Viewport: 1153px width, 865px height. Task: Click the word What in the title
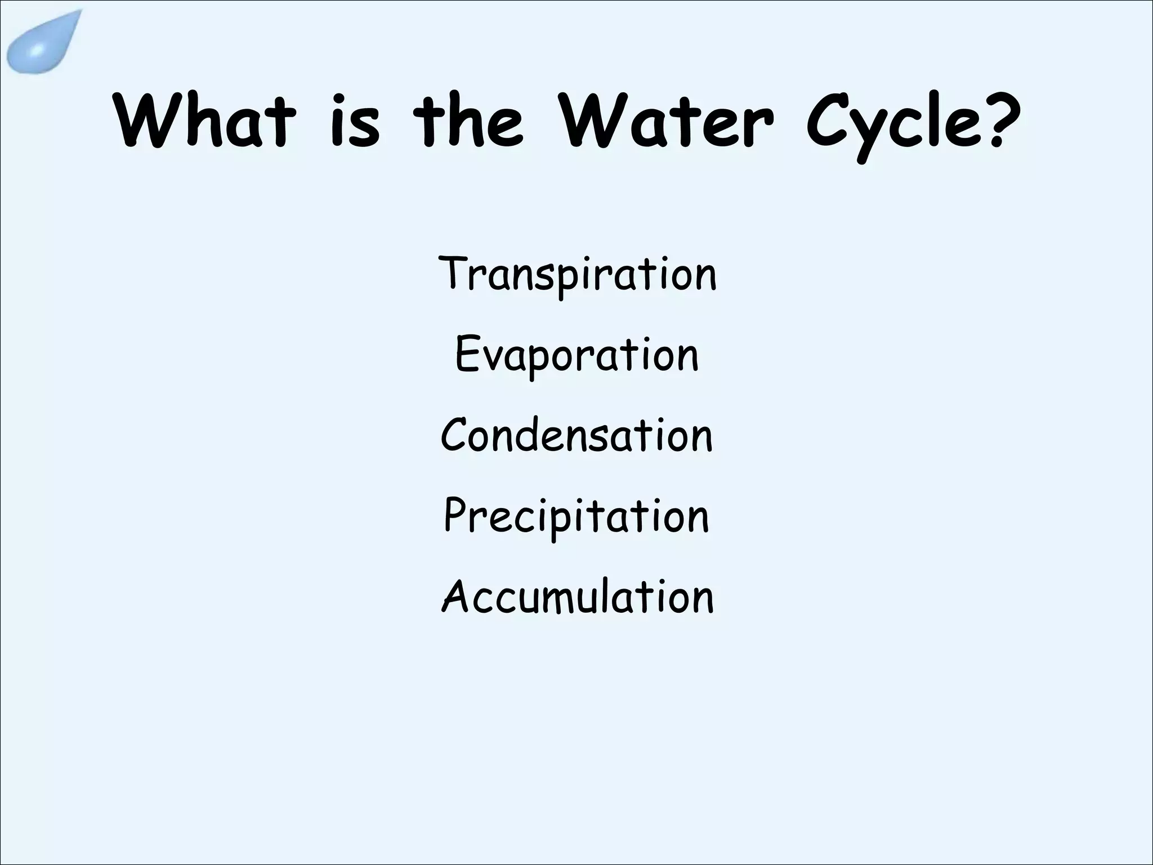[205, 121]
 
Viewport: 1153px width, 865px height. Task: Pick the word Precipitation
[576, 517]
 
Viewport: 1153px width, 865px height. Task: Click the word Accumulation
[578, 597]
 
